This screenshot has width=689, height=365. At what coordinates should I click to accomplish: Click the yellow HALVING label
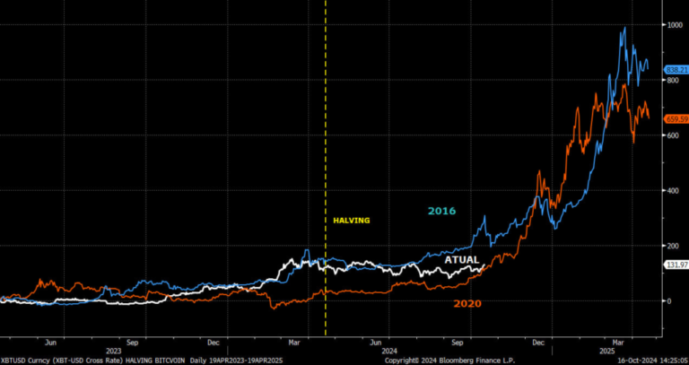pyautogui.click(x=352, y=220)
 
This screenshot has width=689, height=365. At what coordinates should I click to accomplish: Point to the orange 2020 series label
pyautogui.click(x=467, y=304)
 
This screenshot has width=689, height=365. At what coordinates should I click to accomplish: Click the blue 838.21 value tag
pyautogui.click(x=676, y=69)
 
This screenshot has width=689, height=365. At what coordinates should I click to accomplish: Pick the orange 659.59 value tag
pyautogui.click(x=676, y=117)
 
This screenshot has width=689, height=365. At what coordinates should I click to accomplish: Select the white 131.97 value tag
pyautogui.click(x=676, y=265)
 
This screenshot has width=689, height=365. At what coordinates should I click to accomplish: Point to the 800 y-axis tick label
pyautogui.click(x=671, y=81)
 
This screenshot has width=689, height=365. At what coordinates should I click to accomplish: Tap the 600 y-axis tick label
pyautogui.click(x=671, y=135)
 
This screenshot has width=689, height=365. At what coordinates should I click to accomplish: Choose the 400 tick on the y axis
pyautogui.click(x=671, y=191)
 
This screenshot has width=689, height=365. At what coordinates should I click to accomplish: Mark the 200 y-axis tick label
pyautogui.click(x=671, y=246)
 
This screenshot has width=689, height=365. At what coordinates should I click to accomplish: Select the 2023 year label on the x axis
pyautogui.click(x=115, y=352)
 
